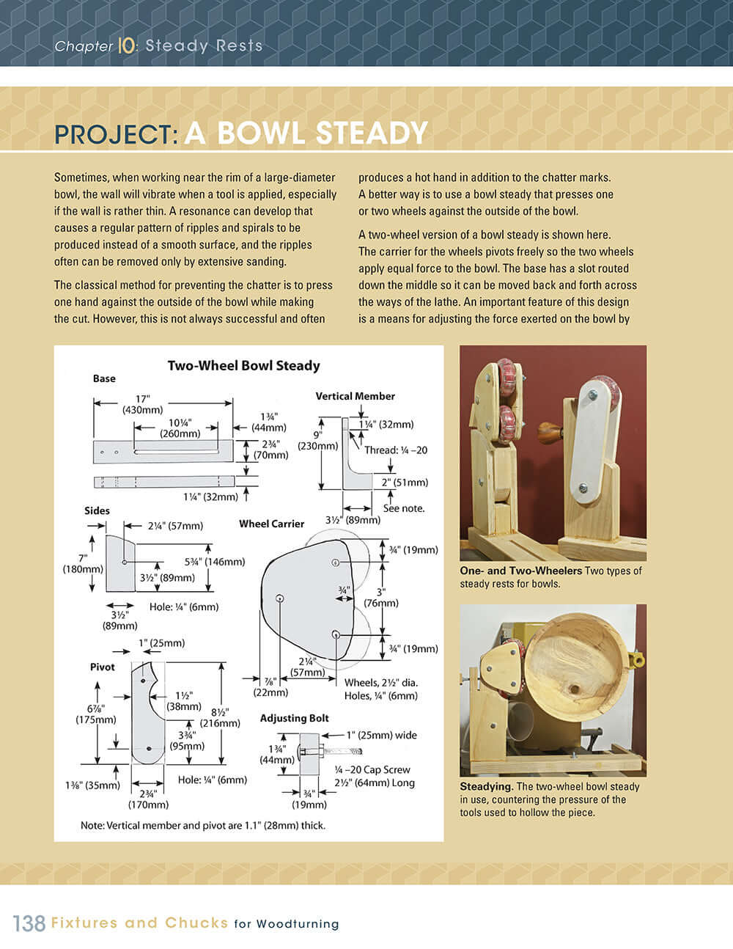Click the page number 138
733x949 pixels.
tap(29, 923)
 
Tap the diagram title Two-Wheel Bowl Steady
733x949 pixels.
tap(243, 365)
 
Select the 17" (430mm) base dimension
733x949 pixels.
tap(142, 404)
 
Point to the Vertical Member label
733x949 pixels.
tap(355, 396)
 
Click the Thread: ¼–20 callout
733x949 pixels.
tap(396, 450)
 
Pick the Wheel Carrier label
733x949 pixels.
tap(271, 524)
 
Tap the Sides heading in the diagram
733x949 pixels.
tap(97, 510)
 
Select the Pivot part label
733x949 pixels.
tap(103, 667)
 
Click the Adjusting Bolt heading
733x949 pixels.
tap(294, 718)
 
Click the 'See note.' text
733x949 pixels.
tap(403, 508)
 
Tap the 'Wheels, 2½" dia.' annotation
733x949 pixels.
tap(380, 682)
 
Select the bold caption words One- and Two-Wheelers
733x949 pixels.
tap(520, 571)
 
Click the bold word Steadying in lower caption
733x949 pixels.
tap(486, 786)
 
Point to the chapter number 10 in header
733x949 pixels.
tap(126, 45)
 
